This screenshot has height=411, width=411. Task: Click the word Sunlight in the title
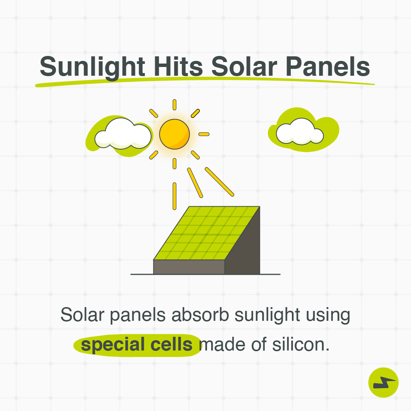point(92,67)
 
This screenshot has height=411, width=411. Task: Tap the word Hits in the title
point(178,67)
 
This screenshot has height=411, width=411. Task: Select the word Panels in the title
point(328,67)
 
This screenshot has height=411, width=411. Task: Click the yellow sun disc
point(174,134)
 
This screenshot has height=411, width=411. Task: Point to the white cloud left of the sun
point(123,133)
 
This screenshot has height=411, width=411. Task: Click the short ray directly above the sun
point(174,105)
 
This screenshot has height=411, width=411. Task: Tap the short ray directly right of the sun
point(204,134)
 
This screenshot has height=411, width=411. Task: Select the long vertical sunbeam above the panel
point(174,196)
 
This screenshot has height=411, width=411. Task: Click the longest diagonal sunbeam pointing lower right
point(220,182)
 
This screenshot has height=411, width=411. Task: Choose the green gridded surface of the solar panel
point(207,233)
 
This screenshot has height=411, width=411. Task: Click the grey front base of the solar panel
point(189,267)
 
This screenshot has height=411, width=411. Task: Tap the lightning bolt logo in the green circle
point(384,383)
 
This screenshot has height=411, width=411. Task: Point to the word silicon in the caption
point(301,344)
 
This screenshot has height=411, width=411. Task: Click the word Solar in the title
point(244,67)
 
